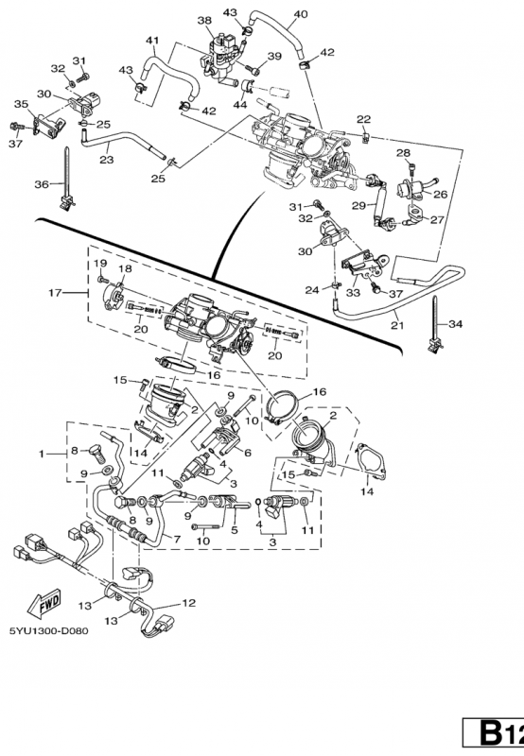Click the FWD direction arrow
pyautogui.click(x=44, y=603)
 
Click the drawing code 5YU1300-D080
pyautogui.click(x=49, y=630)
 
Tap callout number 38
pyautogui.click(x=204, y=20)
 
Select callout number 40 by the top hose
pyautogui.click(x=300, y=14)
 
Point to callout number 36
pyautogui.click(x=42, y=183)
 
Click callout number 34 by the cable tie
pyautogui.click(x=456, y=324)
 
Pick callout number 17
pyautogui.click(x=56, y=292)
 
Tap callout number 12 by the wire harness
pyautogui.click(x=188, y=603)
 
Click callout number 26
pyautogui.click(x=440, y=194)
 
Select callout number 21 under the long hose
pyautogui.click(x=397, y=325)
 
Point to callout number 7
pyautogui.click(x=177, y=539)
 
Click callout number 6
pyautogui.click(x=248, y=453)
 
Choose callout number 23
pyautogui.click(x=106, y=159)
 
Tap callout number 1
pyautogui.click(x=42, y=454)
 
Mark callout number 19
pyautogui.click(x=100, y=264)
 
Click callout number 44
pyautogui.click(x=240, y=104)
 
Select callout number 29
pyautogui.click(x=358, y=206)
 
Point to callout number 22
pyautogui.click(x=364, y=120)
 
